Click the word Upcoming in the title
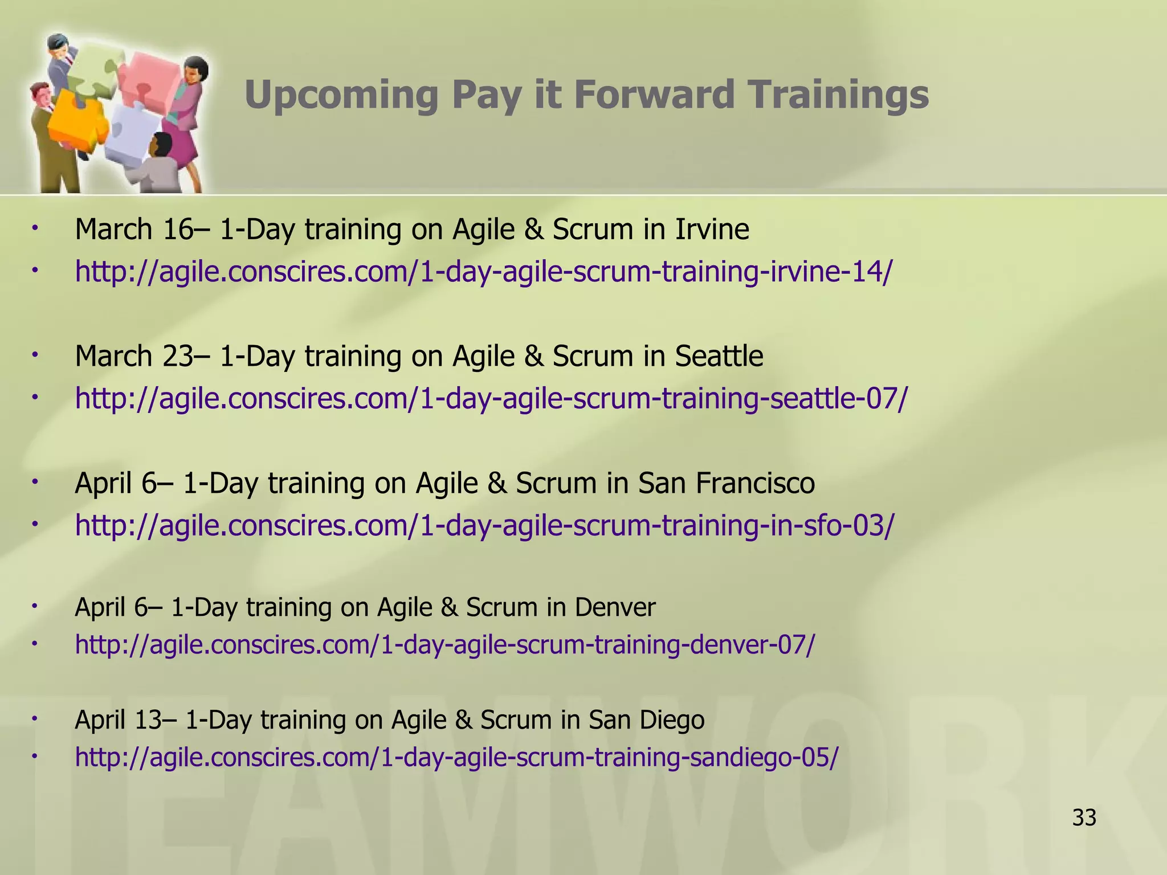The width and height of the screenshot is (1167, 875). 341,95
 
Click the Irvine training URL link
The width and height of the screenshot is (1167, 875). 484,272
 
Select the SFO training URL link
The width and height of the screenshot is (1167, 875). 485,525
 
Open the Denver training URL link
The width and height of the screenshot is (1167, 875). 445,645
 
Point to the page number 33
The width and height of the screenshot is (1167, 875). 1084,818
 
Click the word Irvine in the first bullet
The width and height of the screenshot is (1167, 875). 712,230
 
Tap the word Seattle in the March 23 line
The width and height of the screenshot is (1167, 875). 719,357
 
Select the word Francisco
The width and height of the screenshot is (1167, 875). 755,484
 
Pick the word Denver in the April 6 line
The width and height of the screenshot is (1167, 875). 615,607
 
